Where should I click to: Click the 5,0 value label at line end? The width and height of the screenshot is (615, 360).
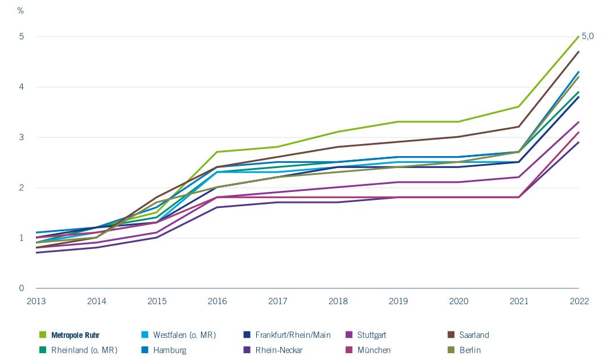coord(588,36)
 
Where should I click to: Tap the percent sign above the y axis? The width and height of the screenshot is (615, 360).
coord(20,11)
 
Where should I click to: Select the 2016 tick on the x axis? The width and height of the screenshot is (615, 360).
coord(218,301)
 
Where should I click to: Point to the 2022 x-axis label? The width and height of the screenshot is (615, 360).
coord(579,301)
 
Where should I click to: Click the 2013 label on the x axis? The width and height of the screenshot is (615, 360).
coord(36,301)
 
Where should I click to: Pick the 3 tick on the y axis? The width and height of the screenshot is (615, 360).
coord(22,137)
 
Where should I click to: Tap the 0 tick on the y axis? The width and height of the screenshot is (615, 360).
coord(22,288)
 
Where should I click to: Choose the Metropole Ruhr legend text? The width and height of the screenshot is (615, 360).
coord(75,336)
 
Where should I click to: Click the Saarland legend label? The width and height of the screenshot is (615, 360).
coord(474,336)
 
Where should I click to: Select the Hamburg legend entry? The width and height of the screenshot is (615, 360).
coord(170,350)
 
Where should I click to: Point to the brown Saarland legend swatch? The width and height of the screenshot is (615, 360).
coord(451,335)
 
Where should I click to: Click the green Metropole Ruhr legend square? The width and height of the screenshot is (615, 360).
coord(43,335)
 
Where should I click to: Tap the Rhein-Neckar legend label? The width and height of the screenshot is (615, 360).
coord(279,350)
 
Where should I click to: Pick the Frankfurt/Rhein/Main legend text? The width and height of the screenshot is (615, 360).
coord(293,336)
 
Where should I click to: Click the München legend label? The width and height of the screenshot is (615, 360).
coord(374,350)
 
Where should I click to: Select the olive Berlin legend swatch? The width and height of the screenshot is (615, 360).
coord(451,350)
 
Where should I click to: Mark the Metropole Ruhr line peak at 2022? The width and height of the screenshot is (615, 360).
coord(579,36)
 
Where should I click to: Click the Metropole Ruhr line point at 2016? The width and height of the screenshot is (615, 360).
coord(217,152)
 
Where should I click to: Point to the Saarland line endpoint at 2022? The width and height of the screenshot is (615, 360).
coord(579,51)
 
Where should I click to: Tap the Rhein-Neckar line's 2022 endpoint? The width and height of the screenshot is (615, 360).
coord(579,142)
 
